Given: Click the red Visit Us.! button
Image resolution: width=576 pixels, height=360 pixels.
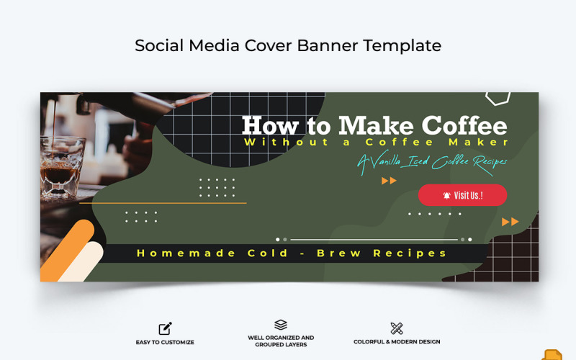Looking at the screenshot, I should click(x=462, y=195).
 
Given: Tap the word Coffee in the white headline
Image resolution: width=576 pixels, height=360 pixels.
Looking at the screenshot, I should click(x=464, y=126).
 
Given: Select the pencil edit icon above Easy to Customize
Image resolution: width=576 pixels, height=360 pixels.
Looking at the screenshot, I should click(x=165, y=328).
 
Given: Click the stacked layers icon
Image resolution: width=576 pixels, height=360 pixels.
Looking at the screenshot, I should click(x=281, y=325).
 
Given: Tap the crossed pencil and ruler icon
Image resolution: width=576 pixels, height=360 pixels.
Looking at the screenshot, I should click(x=396, y=328).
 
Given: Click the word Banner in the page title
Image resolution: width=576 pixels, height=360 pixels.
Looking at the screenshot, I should click(x=325, y=45).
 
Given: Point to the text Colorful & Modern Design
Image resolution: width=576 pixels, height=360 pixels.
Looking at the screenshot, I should click(x=397, y=342).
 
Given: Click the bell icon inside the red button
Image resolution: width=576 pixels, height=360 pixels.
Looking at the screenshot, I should click(x=447, y=195).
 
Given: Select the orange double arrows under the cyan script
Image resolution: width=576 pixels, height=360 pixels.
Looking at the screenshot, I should click(x=389, y=181).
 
